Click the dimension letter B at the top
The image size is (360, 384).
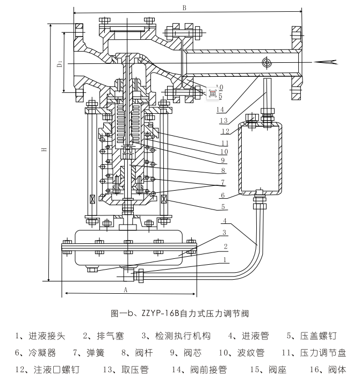click(x=184, y=8)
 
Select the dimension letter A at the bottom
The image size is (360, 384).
click(x=126, y=288)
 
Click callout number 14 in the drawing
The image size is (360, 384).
click(x=220, y=110)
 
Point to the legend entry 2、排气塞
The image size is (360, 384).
click(x=105, y=336)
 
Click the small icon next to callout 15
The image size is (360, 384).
click(x=212, y=93)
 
